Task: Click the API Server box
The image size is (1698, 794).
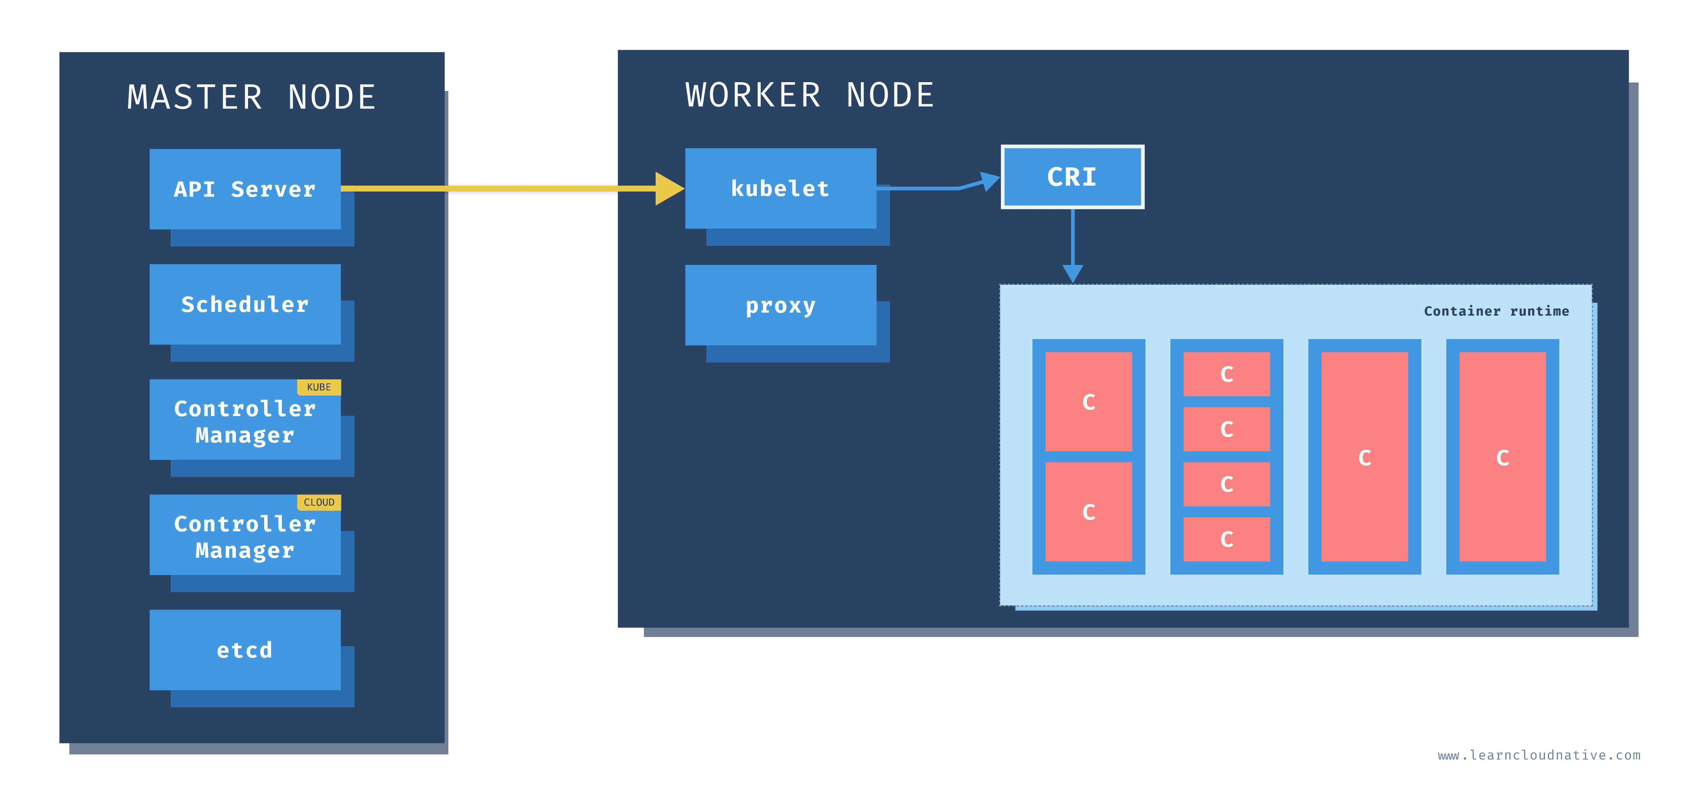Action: [245, 189]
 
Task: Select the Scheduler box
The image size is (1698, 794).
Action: [245, 305]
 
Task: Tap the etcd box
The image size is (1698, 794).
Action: [245, 650]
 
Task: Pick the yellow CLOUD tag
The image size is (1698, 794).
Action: [319, 502]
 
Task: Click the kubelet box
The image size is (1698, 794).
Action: [780, 189]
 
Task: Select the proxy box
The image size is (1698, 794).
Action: [780, 305]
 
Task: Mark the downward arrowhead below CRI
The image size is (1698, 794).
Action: [1072, 273]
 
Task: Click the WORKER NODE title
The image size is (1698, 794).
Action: [809, 95]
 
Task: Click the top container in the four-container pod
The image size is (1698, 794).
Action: [1226, 374]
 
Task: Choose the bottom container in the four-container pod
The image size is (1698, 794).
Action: [1226, 539]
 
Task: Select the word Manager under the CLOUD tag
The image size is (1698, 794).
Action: [245, 550]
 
